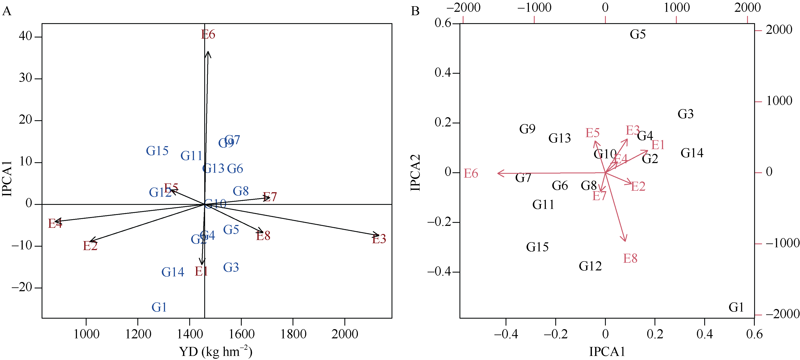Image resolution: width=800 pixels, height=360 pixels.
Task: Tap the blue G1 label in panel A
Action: tap(159, 307)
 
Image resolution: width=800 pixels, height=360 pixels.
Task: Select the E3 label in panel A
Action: tap(379, 239)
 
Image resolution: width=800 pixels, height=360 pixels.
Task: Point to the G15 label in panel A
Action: tap(157, 151)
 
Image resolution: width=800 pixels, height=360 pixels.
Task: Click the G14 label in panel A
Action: tap(173, 272)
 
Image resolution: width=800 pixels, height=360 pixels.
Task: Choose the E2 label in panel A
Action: tap(90, 246)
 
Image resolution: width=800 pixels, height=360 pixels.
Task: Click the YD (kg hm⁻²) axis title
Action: tap(216, 352)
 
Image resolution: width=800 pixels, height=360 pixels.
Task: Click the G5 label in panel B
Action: tap(638, 34)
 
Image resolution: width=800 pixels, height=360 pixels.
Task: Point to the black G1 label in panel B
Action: tap(736, 307)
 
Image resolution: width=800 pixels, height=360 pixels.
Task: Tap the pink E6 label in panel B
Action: tap(471, 173)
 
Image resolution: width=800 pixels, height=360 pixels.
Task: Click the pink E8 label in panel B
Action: tap(630, 258)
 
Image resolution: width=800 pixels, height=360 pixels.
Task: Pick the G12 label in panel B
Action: tap(590, 266)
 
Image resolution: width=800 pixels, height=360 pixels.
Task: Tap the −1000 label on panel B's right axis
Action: tap(782, 243)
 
